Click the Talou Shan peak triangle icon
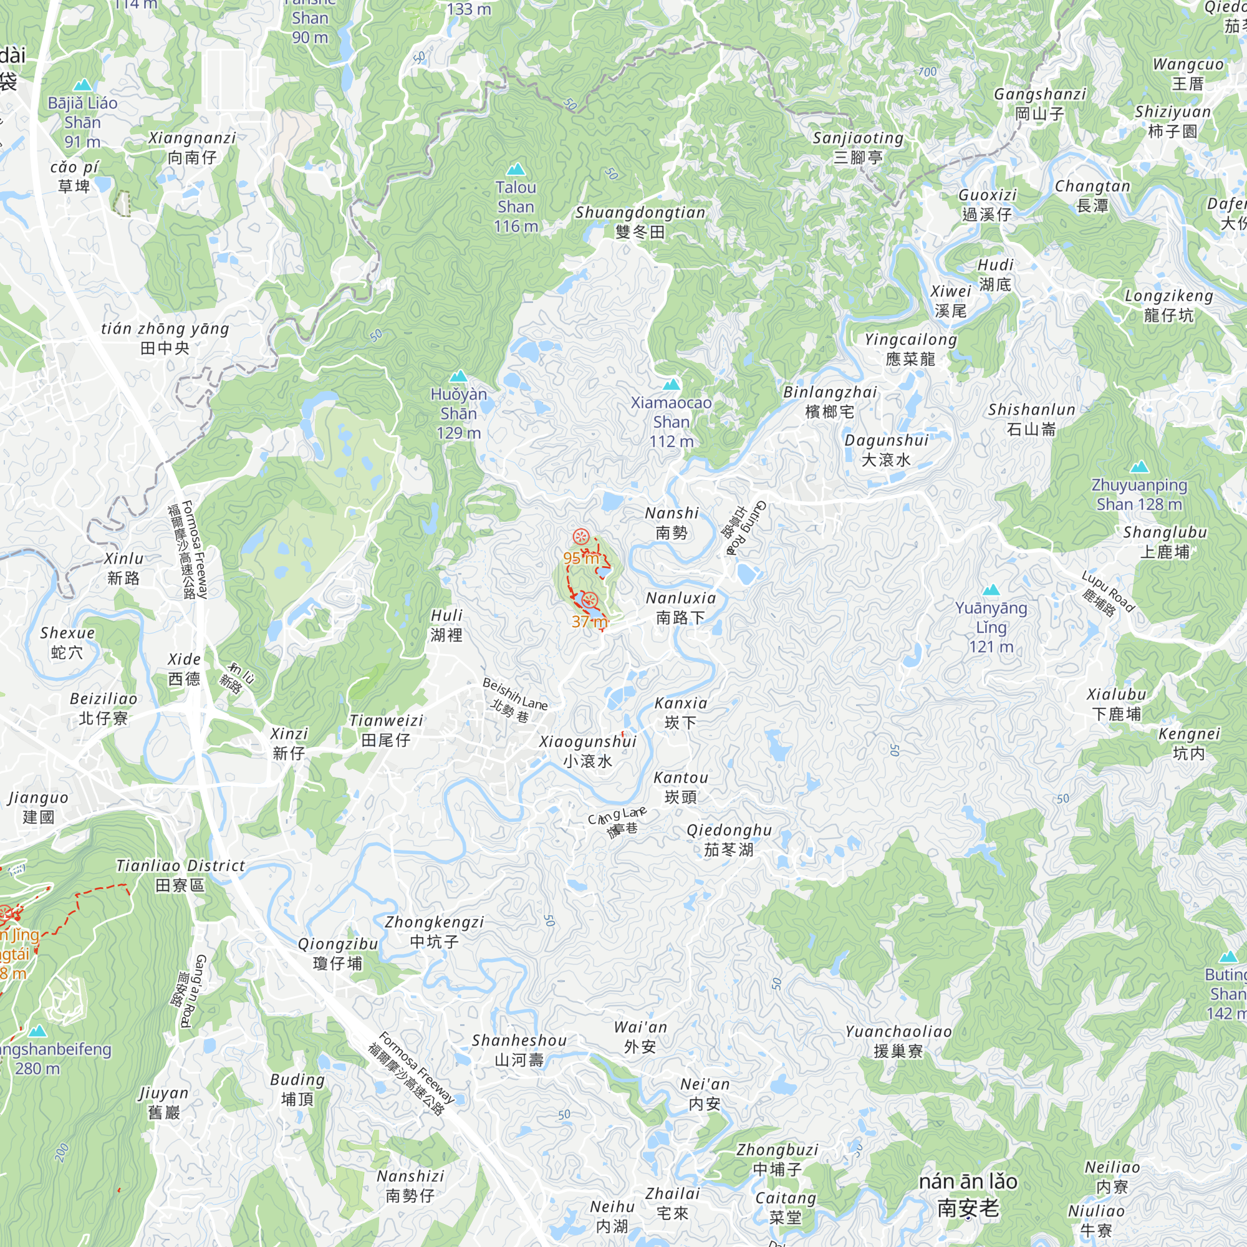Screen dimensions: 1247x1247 click(x=515, y=170)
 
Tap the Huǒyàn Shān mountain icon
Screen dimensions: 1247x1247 click(x=458, y=377)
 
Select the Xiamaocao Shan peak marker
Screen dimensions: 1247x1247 click(x=672, y=385)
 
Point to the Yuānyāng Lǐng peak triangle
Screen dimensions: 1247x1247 click(x=991, y=589)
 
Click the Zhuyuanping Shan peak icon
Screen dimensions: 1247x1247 click(x=1139, y=466)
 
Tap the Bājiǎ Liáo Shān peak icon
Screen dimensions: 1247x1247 click(x=83, y=85)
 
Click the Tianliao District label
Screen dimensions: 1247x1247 click(x=180, y=875)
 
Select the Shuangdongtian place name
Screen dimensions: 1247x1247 click(x=640, y=222)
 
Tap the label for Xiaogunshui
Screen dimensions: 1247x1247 click(x=587, y=751)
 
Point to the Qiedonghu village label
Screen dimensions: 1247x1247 click(x=729, y=840)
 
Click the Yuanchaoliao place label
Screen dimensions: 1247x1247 click(x=898, y=1041)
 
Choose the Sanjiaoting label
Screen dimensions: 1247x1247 click(x=858, y=147)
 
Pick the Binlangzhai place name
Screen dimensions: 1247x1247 click(x=830, y=402)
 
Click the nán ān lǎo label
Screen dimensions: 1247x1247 click(x=968, y=1194)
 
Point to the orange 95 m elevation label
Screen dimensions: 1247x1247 click(x=580, y=558)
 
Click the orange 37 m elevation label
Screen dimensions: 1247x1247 click(x=589, y=622)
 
